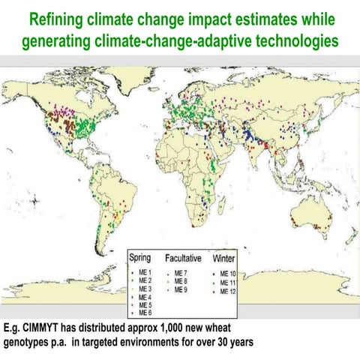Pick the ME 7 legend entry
pyautogui.click(x=181, y=272)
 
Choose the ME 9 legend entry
pyautogui.click(x=181, y=289)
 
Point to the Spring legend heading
pyautogui.click(x=140, y=258)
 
